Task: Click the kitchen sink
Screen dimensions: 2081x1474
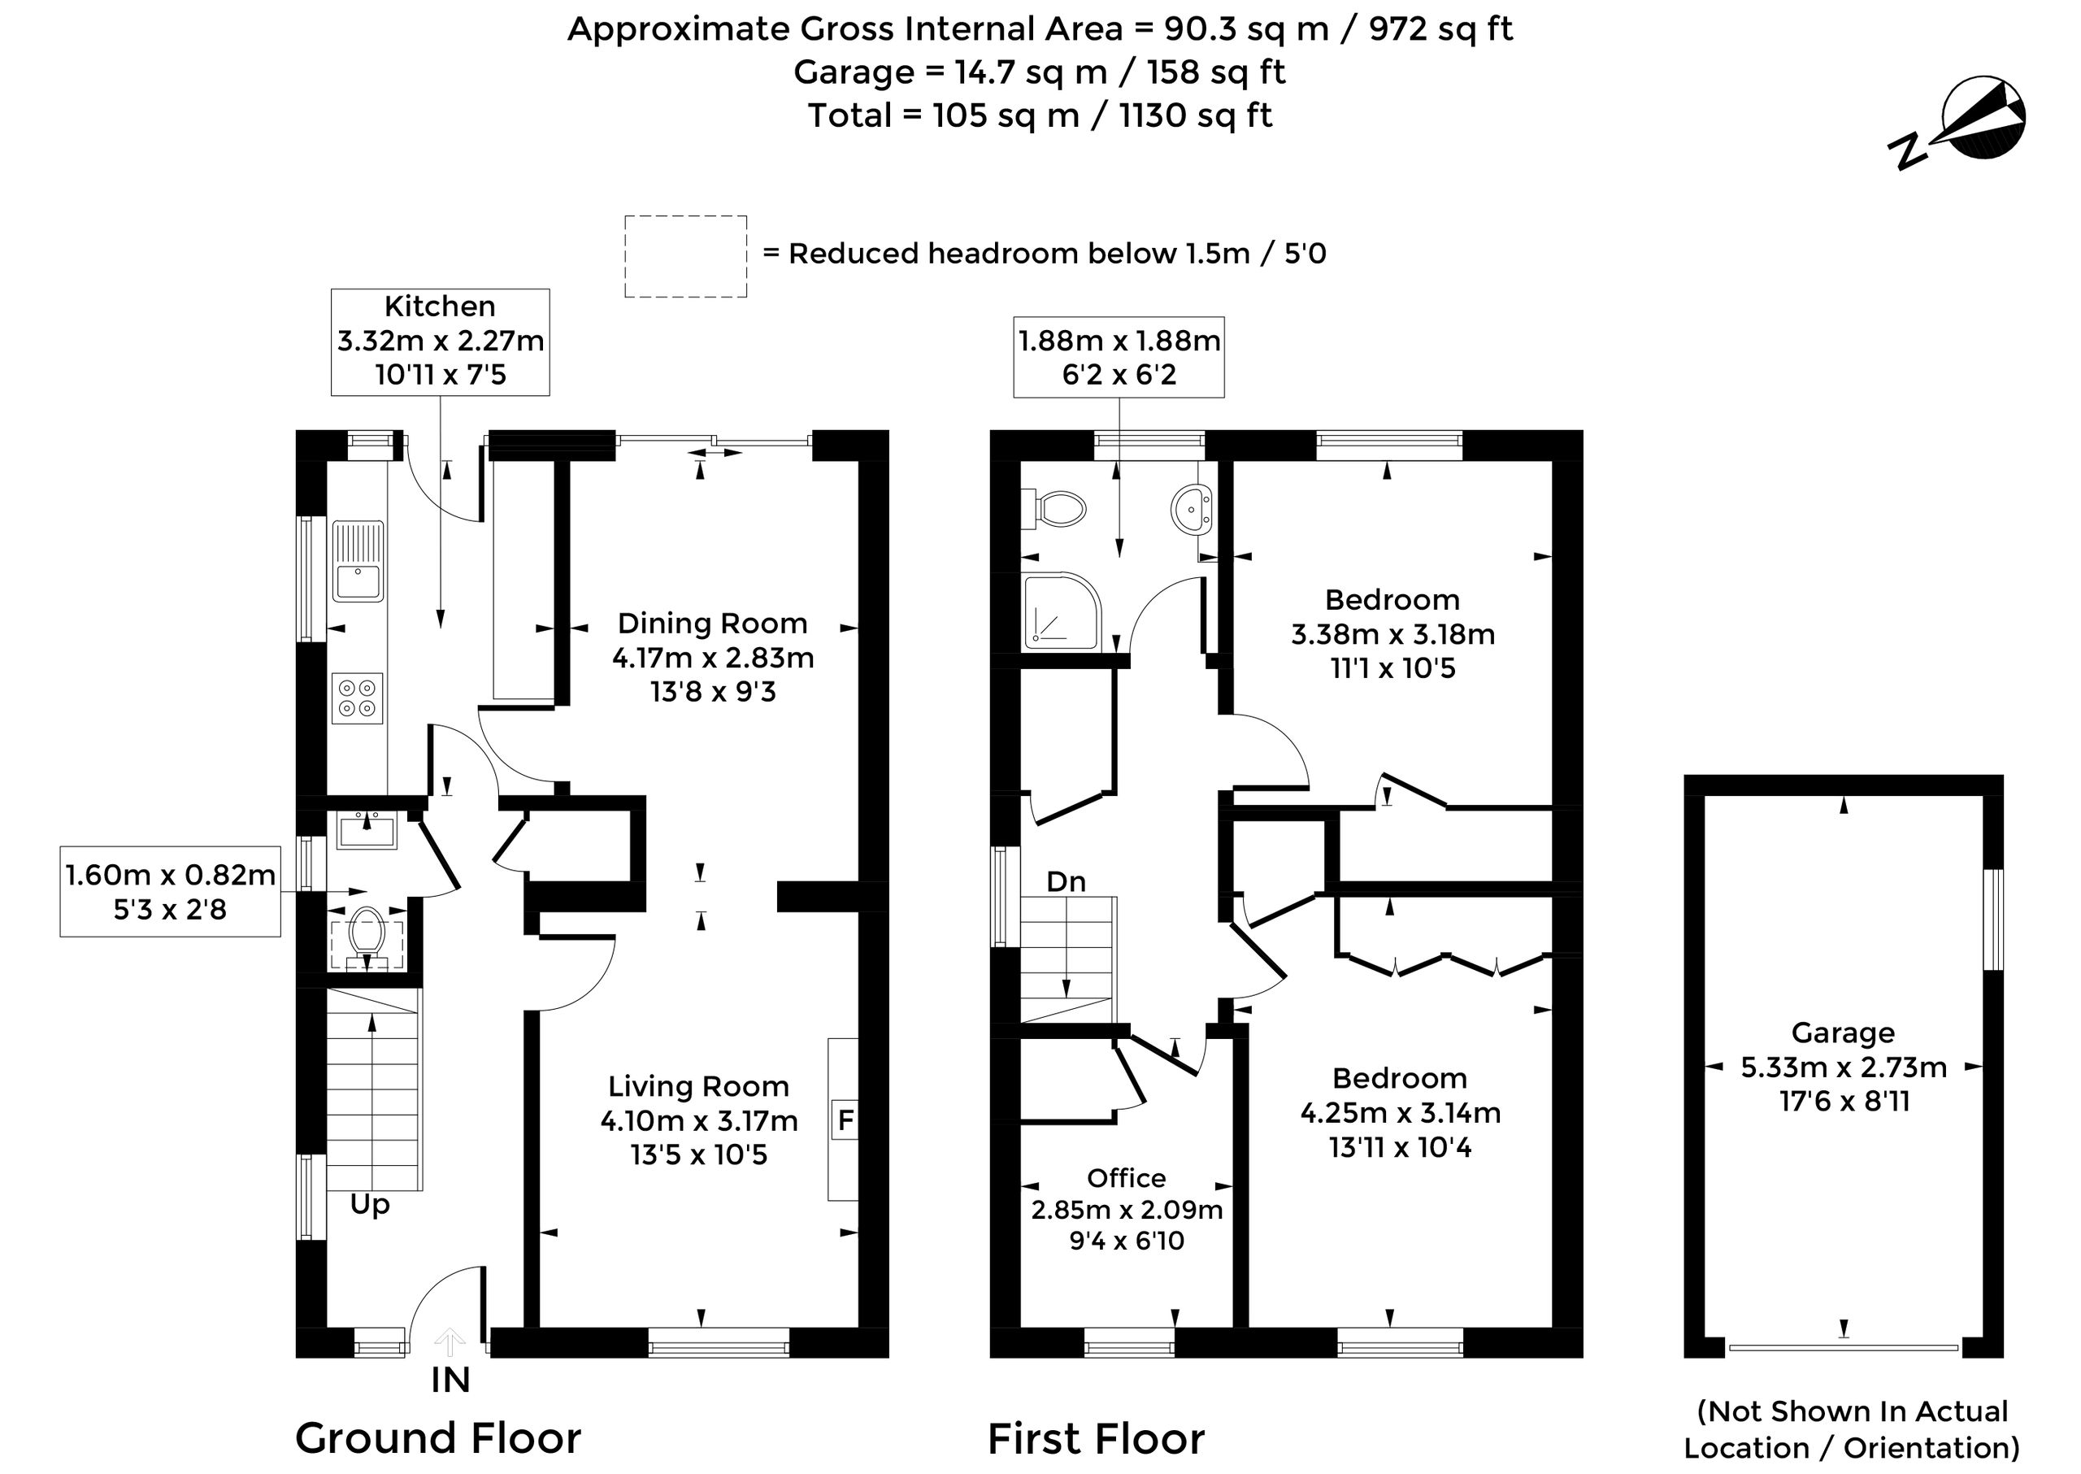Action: click(x=358, y=560)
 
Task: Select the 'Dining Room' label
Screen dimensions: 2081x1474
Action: click(x=712, y=624)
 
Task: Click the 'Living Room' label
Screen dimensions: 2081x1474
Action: click(x=698, y=1086)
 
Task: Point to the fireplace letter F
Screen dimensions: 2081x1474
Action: click(x=845, y=1121)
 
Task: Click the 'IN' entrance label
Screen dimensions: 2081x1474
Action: click(x=450, y=1381)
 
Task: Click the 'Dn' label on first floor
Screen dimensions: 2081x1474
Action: click(x=1066, y=881)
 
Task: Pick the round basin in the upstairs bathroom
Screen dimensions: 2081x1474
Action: click(x=1192, y=509)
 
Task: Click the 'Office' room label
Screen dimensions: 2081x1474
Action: click(x=1127, y=1178)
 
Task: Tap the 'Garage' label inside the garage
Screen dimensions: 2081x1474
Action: click(x=1842, y=1032)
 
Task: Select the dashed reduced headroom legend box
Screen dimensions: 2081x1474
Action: click(x=685, y=256)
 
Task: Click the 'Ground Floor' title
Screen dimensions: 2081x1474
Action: click(x=438, y=1437)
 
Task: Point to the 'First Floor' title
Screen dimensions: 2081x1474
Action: click(x=1096, y=1437)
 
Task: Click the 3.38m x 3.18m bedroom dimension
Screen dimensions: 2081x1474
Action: click(x=1392, y=633)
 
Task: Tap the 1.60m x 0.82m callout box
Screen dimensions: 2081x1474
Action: click(x=170, y=891)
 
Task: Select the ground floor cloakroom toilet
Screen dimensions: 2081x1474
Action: click(x=367, y=937)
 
